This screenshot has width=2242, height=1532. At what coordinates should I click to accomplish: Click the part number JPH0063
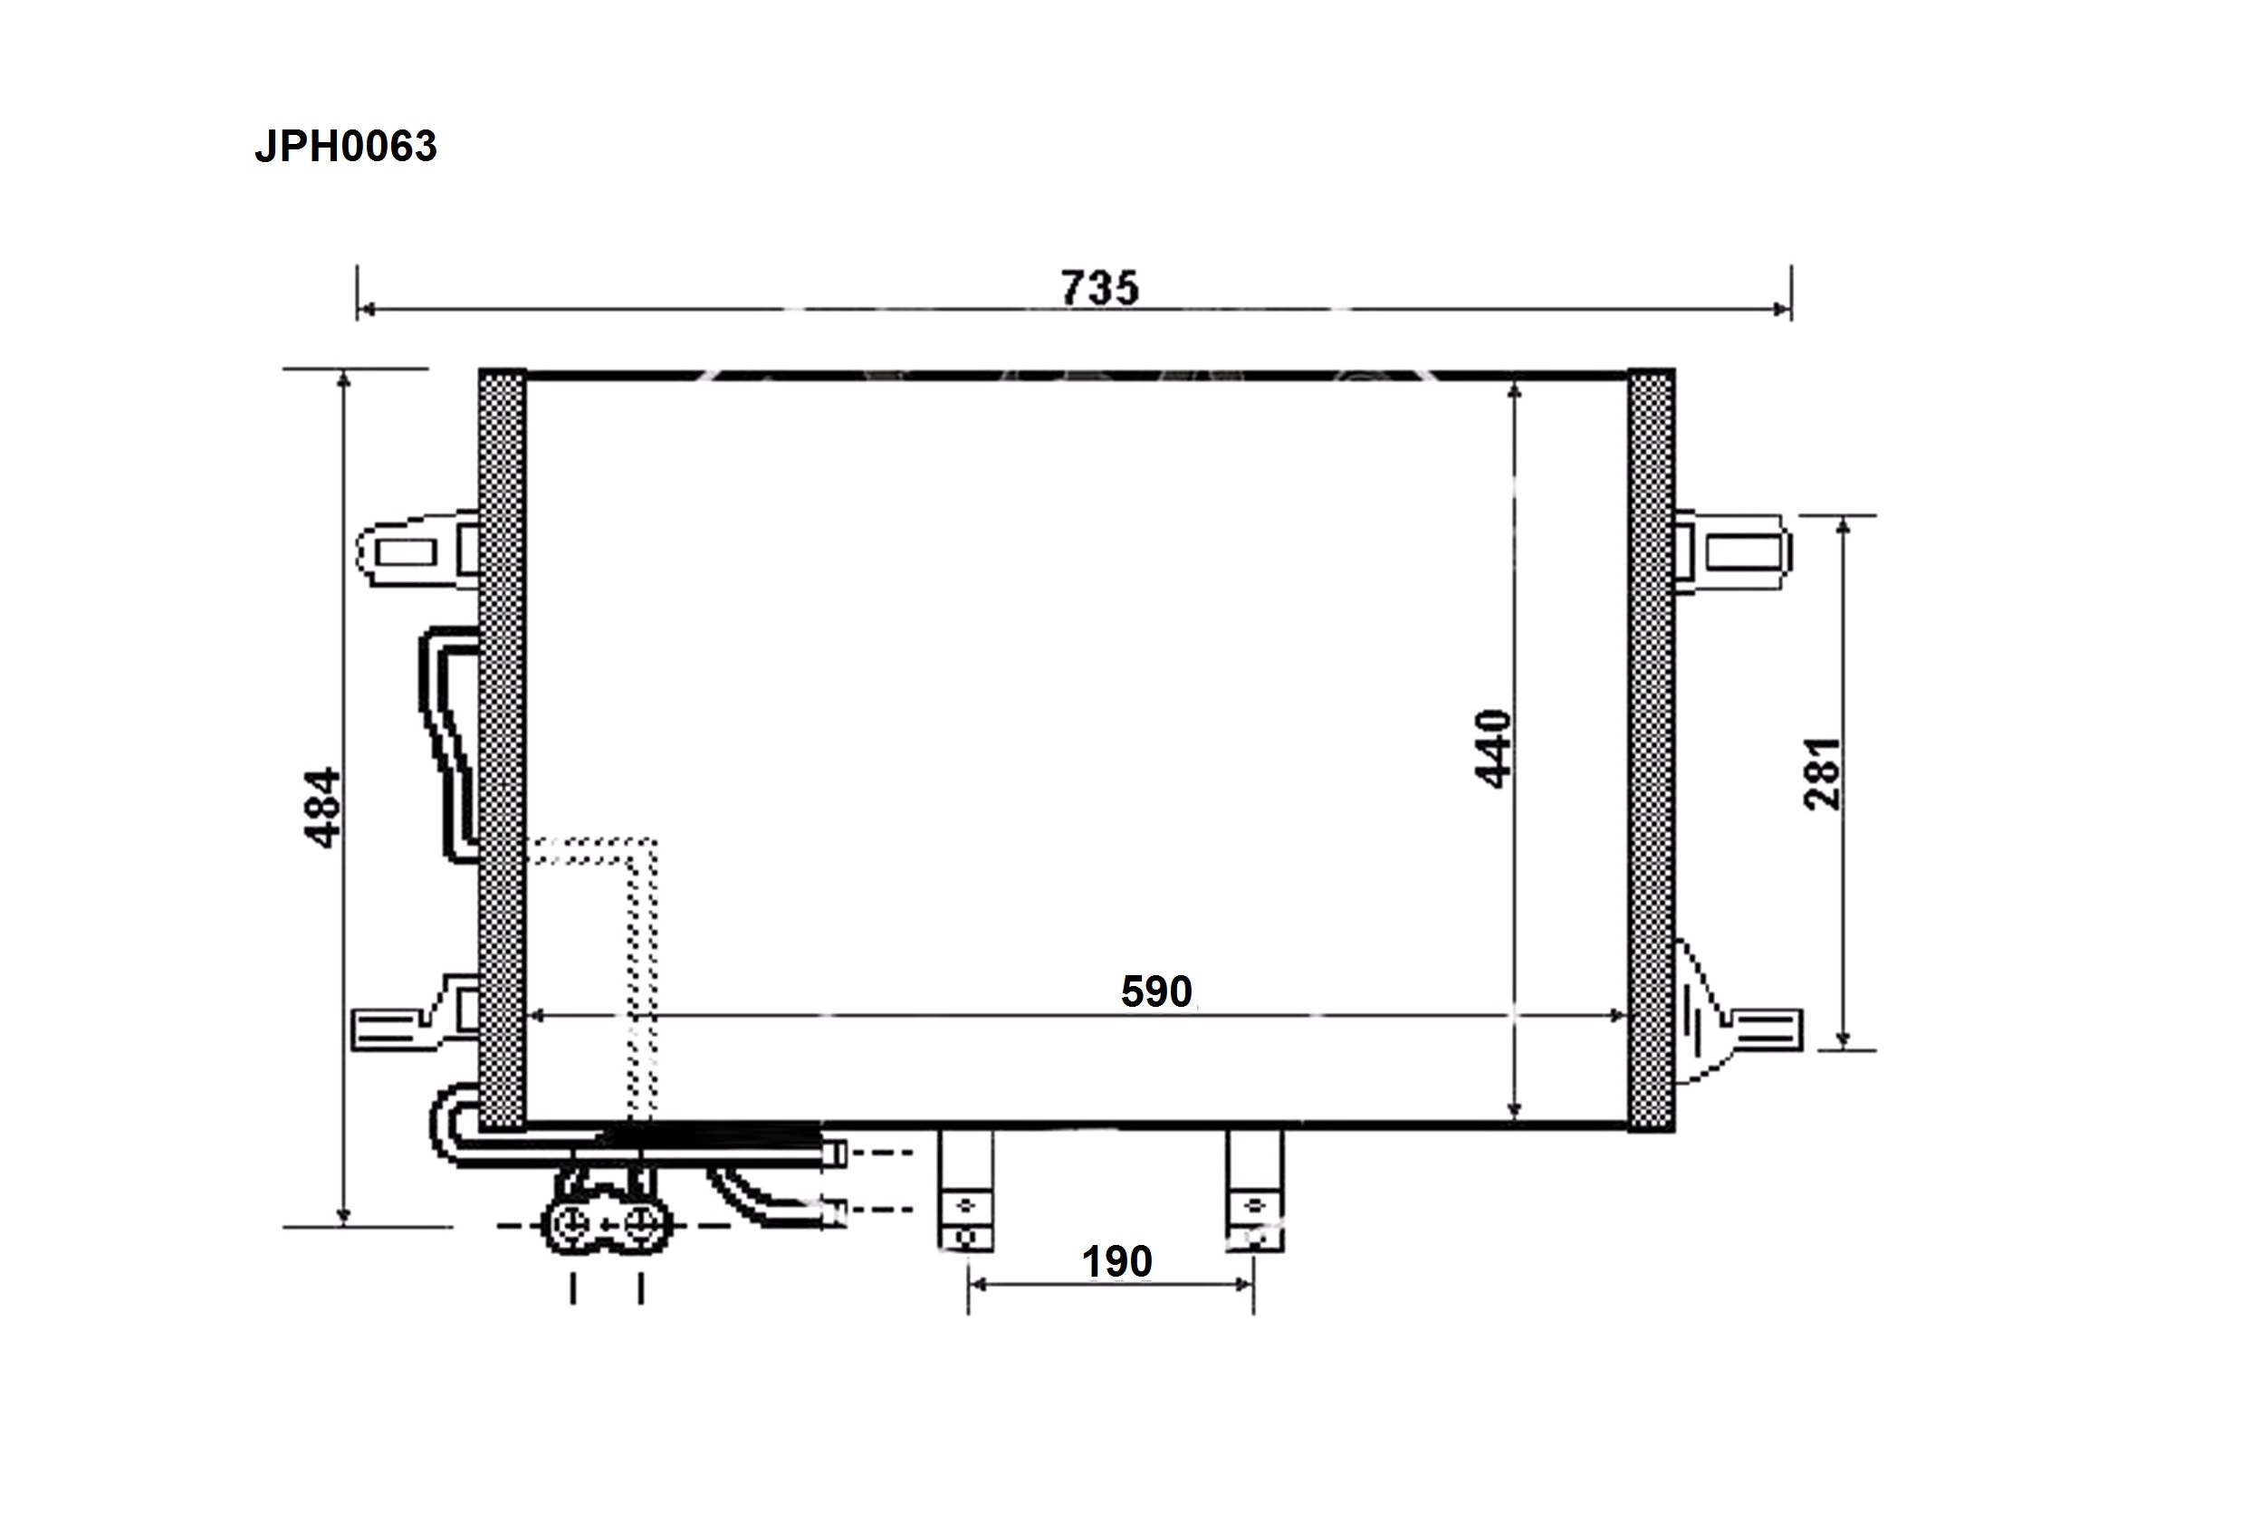tap(345, 147)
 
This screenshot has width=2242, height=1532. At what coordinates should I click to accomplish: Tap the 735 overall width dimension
tap(1100, 288)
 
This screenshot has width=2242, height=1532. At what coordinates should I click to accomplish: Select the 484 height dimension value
tap(322, 808)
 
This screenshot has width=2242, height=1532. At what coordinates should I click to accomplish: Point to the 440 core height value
tap(1493, 749)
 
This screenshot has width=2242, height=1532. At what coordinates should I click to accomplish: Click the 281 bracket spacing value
tap(1823, 774)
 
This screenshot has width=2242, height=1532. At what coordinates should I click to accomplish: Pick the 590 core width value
tap(1156, 991)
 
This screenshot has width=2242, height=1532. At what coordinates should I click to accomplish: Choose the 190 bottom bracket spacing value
tap(1117, 1262)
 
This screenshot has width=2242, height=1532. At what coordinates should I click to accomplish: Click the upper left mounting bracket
tap(418, 549)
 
